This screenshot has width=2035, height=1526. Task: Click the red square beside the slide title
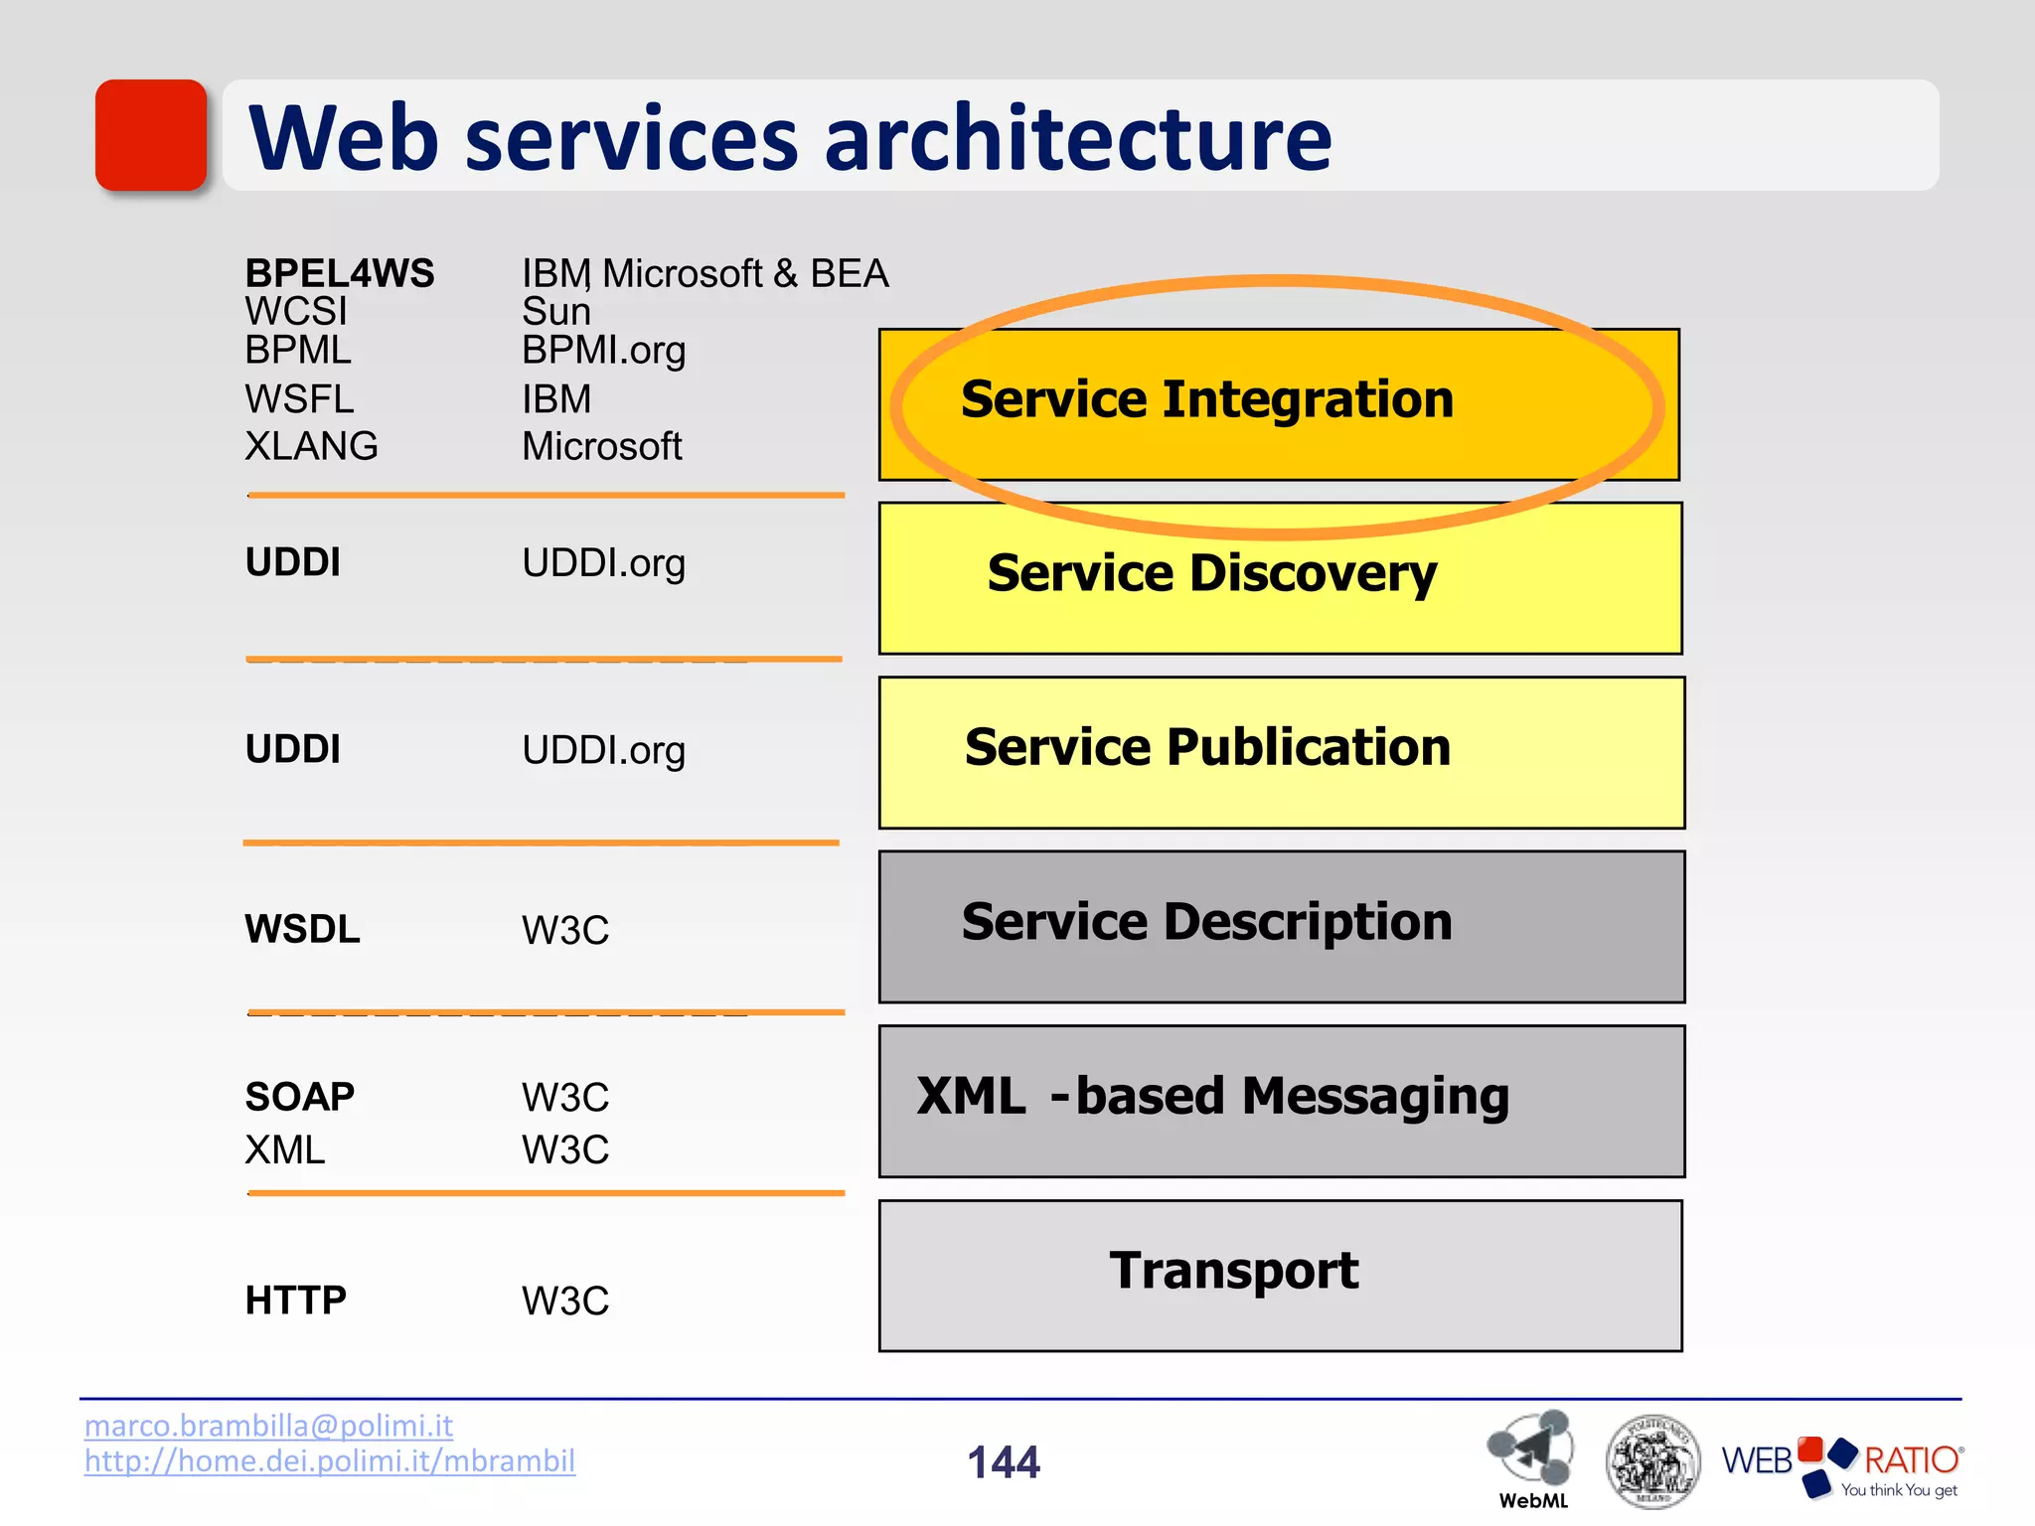[151, 135]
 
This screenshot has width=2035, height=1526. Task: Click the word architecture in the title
[1077, 138]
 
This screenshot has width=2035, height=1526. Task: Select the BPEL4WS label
[340, 273]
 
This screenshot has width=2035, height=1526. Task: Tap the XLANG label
[311, 446]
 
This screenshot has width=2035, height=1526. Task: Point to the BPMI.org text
[603, 351]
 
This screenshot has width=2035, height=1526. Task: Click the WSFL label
[299, 399]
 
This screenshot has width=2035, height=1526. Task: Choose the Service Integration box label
[1206, 399]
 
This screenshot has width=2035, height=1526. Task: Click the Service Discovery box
[1280, 578]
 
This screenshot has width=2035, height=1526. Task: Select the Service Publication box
[1281, 752]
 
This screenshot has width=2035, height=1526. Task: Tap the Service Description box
[1281, 926]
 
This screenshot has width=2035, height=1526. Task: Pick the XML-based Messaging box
[1281, 1101]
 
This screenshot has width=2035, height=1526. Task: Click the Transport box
[1280, 1275]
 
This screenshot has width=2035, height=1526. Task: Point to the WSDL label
[302, 929]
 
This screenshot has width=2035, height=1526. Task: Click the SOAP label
[299, 1097]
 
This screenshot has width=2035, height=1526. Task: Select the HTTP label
[295, 1299]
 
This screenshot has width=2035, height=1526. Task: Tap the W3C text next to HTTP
[564, 1300]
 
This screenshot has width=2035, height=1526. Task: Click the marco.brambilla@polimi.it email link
[268, 1426]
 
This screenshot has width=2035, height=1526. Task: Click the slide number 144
[1004, 1462]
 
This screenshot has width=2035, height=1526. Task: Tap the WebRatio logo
[1841, 1463]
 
